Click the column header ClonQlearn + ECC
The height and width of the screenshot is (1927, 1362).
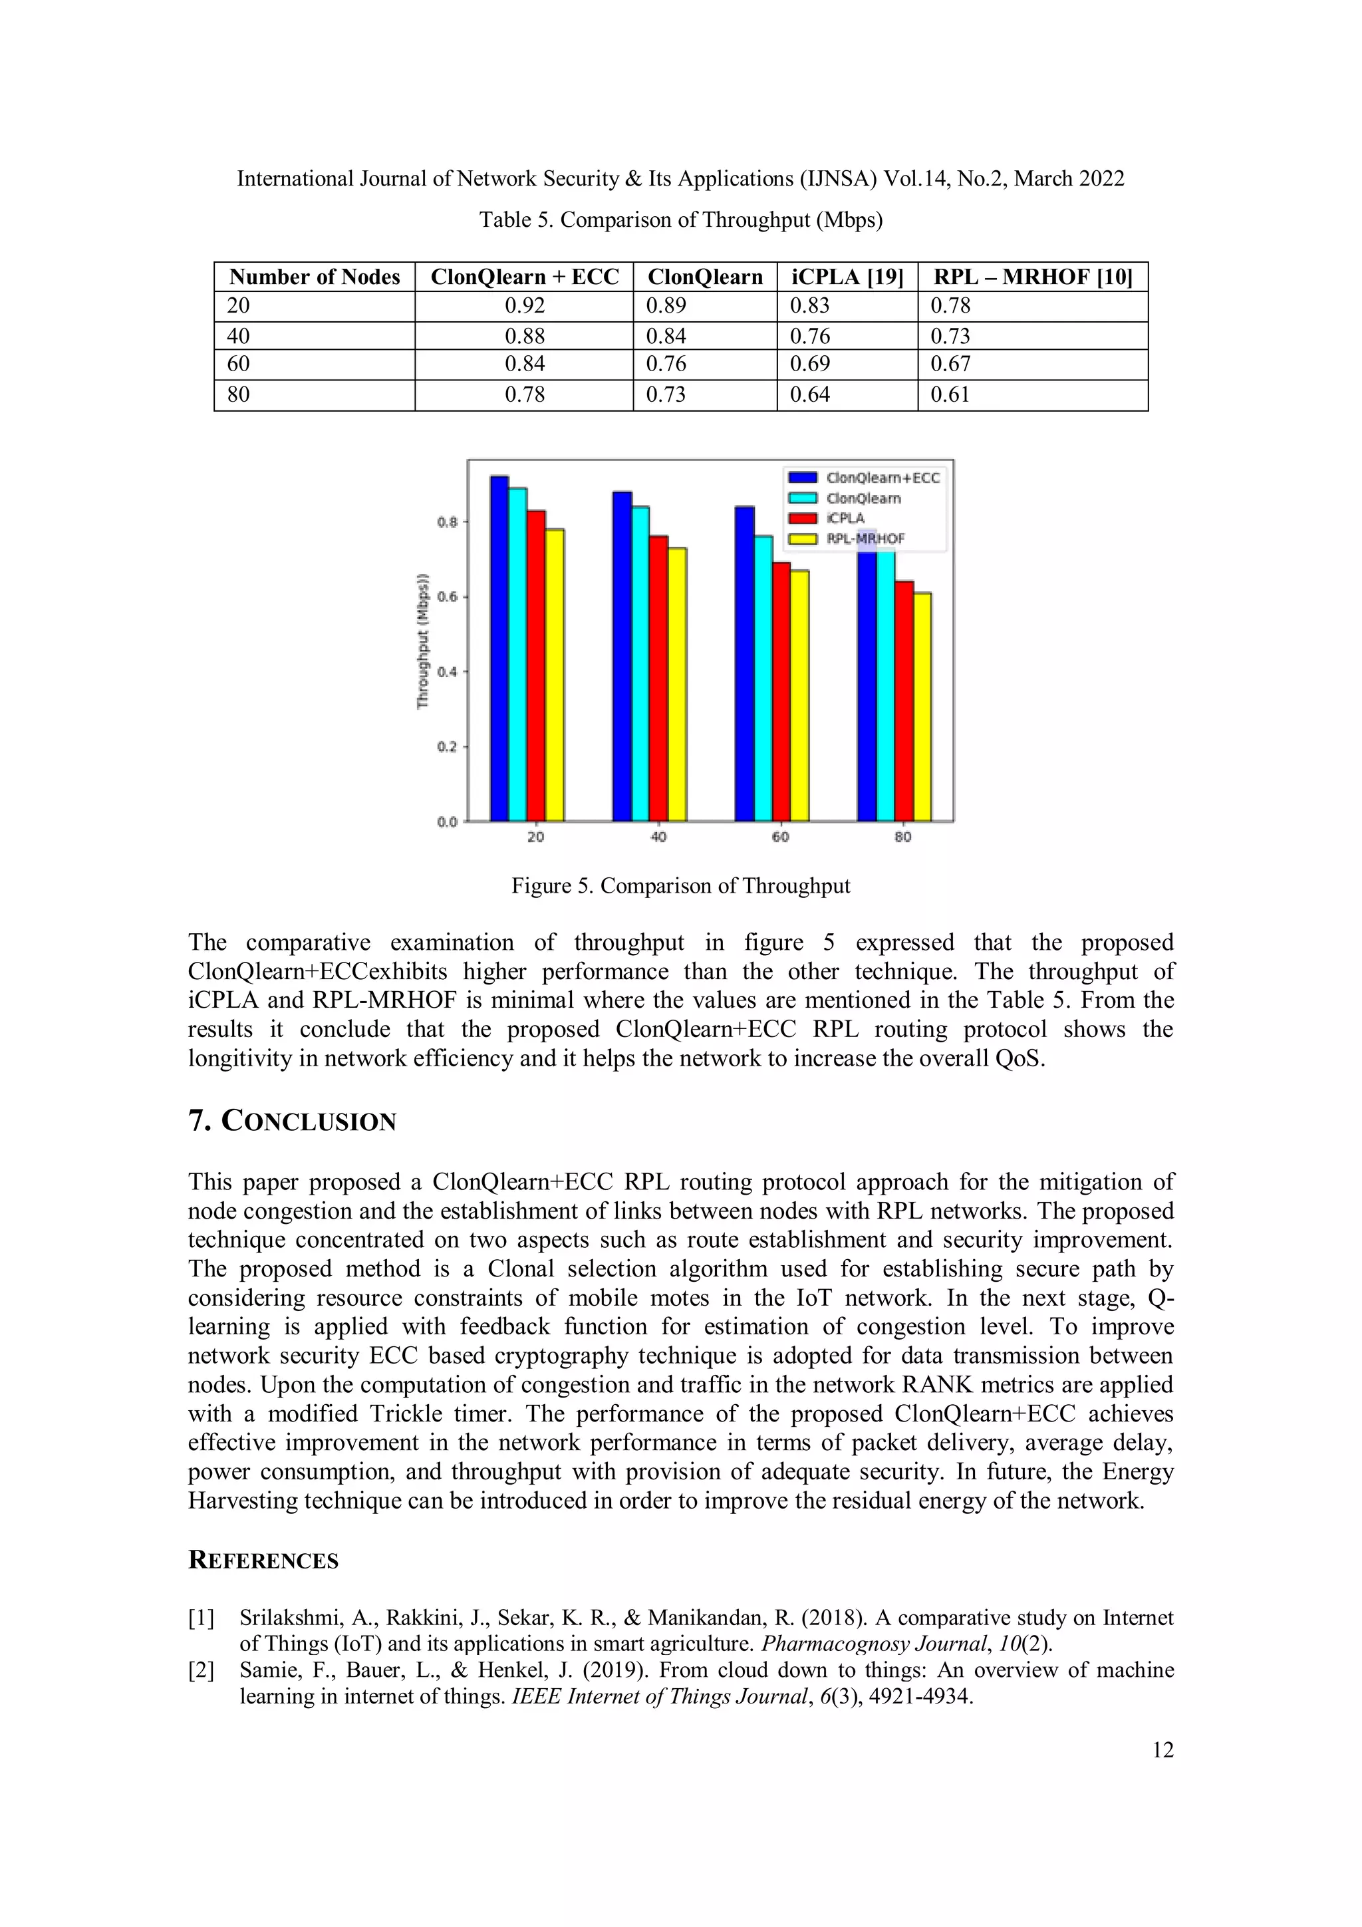pyautogui.click(x=525, y=277)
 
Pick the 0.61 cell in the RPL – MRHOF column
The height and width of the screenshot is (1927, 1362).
pyautogui.click(x=950, y=394)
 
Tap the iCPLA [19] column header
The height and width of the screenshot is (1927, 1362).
pyautogui.click(x=847, y=277)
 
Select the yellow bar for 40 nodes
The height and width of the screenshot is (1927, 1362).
pyautogui.click(x=677, y=684)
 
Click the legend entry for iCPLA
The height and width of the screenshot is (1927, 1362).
pyautogui.click(x=845, y=519)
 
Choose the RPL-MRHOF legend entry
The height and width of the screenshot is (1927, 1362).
pyautogui.click(x=865, y=539)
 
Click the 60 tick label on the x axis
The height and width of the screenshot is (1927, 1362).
pyautogui.click(x=781, y=837)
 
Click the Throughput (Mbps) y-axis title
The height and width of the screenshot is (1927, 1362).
pyautogui.click(x=423, y=641)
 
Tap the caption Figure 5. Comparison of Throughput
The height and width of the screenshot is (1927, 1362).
pyautogui.click(x=680, y=886)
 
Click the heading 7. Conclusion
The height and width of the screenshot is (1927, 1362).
pyautogui.click(x=292, y=1121)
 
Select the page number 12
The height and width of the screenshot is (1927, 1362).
pyautogui.click(x=1162, y=1750)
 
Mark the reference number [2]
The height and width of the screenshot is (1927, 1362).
pyautogui.click(x=202, y=1671)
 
